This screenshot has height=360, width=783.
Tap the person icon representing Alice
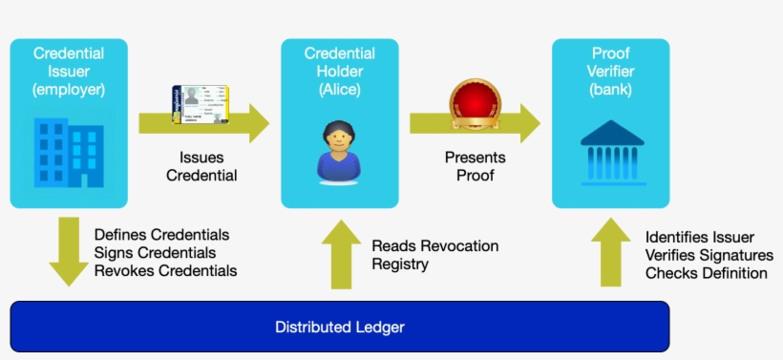[x=340, y=151]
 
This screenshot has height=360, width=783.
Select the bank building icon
[x=611, y=151]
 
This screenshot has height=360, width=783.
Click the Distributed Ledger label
[x=339, y=327]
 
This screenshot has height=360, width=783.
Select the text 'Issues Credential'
[x=201, y=166]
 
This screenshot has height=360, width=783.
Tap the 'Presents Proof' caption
[x=475, y=166]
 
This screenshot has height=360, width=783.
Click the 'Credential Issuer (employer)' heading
[x=69, y=72]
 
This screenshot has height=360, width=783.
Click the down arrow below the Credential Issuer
[x=69, y=251]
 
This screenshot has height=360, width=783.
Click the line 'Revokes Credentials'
[x=165, y=271]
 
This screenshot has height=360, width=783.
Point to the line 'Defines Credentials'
[x=161, y=234]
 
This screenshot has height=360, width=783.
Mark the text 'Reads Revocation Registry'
[x=434, y=255]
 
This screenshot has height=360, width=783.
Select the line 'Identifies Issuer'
[x=699, y=237]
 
